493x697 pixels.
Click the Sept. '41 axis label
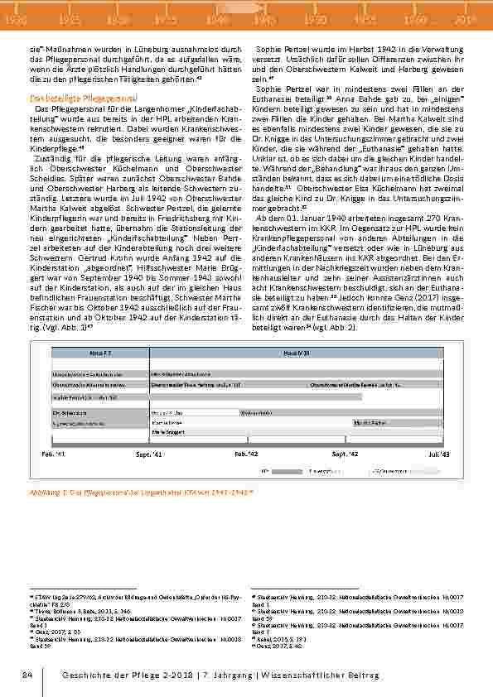(x=150, y=454)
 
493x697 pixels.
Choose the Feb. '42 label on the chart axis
(x=247, y=454)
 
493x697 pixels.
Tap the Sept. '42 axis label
(x=345, y=454)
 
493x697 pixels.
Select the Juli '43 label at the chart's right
(x=439, y=454)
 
